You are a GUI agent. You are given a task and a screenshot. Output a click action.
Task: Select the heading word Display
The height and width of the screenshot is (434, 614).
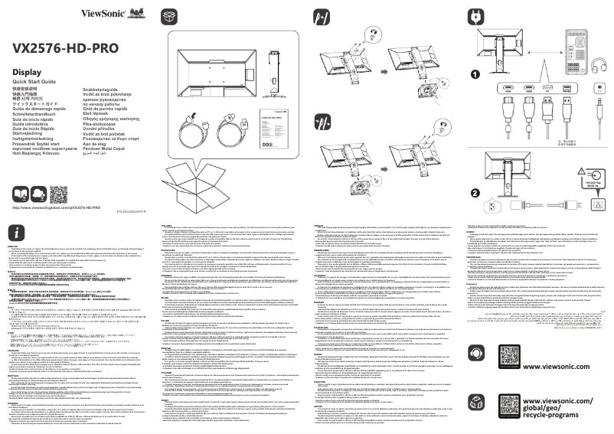[30, 72]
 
